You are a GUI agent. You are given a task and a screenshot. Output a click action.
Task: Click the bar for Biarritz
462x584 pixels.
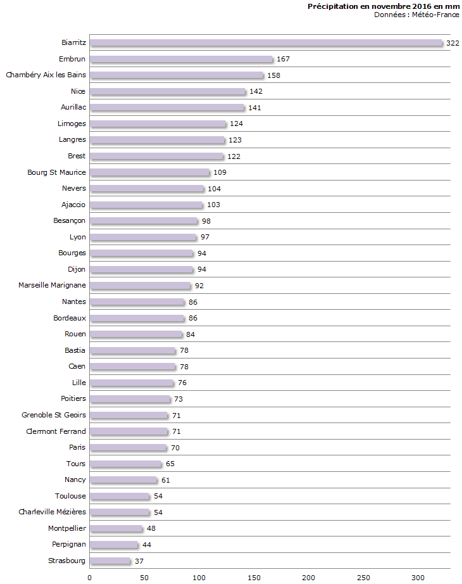266,43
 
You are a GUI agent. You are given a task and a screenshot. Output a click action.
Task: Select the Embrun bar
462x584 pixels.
181,59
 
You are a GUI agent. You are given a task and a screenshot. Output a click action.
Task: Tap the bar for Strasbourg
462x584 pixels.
109,561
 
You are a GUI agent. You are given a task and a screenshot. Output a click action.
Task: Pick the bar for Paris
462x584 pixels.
128,448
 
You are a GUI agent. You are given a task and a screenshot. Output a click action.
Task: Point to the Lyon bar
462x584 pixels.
143,237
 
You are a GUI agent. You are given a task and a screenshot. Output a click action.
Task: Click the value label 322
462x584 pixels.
453,43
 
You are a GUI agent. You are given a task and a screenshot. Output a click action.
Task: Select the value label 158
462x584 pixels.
273,75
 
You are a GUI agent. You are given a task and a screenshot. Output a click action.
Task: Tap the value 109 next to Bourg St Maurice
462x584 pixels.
220,172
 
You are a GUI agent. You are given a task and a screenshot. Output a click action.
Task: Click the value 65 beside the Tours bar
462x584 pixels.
170,464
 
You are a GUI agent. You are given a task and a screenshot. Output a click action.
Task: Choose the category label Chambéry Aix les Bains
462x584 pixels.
46,75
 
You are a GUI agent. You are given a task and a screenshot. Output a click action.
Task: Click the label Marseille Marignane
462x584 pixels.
52,285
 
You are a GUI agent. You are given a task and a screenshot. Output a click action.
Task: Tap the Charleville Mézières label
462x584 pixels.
52,512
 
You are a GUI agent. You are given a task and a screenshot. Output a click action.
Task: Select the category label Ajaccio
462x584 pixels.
73,205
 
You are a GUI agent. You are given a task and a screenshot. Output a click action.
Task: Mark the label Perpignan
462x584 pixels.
69,544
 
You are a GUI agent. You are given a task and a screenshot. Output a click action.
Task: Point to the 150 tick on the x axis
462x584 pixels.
254,577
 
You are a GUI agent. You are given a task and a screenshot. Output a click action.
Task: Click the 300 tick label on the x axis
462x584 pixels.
418,577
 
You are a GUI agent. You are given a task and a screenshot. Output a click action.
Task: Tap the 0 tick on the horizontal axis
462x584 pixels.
89,577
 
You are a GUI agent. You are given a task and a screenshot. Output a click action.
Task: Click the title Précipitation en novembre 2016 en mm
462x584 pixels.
383,6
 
